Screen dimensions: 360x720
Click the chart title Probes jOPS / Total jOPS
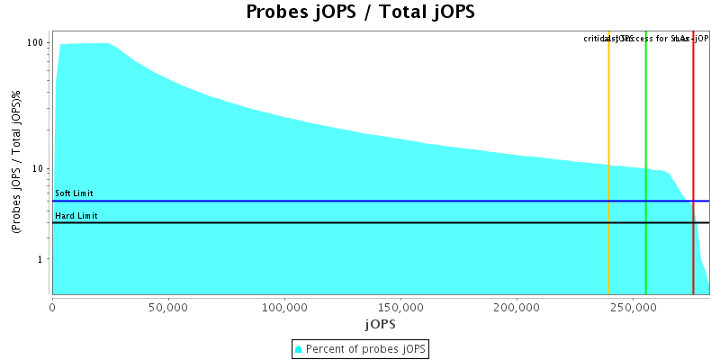pos(360,13)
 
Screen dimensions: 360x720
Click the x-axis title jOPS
pos(380,323)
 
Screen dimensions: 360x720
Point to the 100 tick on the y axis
pos(36,43)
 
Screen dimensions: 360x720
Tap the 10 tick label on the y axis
pos(39,168)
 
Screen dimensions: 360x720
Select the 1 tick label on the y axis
pos(41,259)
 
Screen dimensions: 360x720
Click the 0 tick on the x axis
pos(52,306)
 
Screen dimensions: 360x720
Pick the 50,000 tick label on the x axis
pos(168,306)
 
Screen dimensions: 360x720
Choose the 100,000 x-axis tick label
pos(284,306)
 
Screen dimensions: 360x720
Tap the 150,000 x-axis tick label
pos(400,306)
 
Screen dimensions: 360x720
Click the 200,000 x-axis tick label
pos(517,306)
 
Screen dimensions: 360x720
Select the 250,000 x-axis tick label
pos(633,306)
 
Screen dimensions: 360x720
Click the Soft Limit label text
pos(74,193)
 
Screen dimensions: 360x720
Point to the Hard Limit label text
pos(76,216)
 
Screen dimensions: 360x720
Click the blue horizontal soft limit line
pos(360,201)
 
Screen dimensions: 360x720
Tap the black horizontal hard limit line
pos(360,222)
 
